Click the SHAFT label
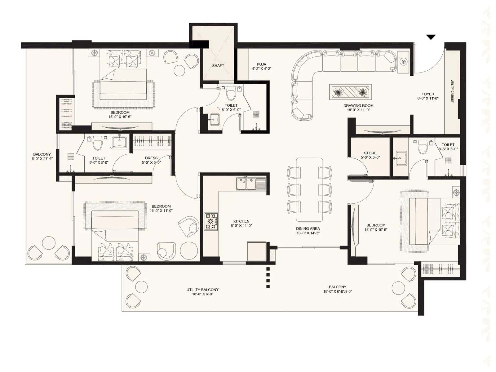[218, 66]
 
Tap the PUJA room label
[261, 64]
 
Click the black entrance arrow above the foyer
[431, 37]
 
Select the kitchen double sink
[251, 183]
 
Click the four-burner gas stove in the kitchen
[211, 221]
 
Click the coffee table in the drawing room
[351, 92]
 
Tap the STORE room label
[370, 153]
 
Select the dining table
[309, 190]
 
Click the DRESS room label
[151, 158]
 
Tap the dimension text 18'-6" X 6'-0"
[202, 294]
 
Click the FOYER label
[428, 94]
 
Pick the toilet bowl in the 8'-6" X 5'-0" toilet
[423, 148]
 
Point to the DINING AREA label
[308, 229]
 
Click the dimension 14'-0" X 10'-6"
[376, 230]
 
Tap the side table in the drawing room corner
[404, 62]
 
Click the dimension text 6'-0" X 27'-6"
[42, 159]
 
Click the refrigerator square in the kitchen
[257, 251]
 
